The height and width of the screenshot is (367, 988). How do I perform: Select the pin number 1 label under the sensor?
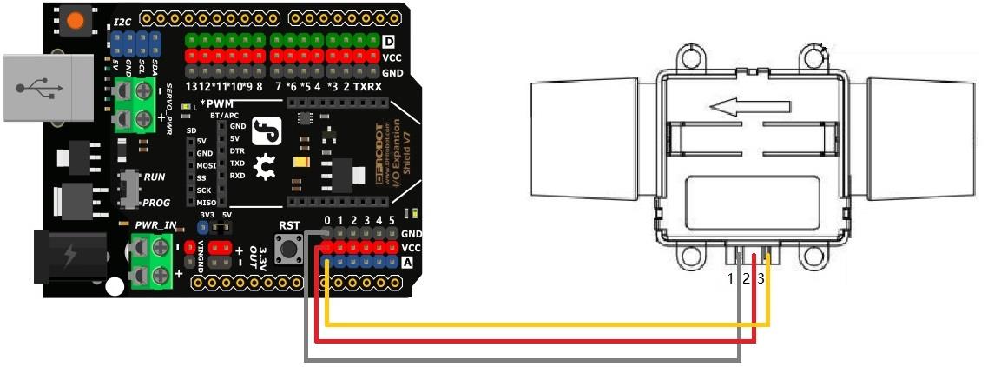click(x=731, y=279)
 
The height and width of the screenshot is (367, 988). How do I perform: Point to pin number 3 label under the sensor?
click(x=761, y=279)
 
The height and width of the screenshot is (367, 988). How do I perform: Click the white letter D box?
click(x=389, y=41)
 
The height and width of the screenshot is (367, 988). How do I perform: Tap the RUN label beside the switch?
click(x=155, y=177)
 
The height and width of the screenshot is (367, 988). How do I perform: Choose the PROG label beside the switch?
click(x=156, y=202)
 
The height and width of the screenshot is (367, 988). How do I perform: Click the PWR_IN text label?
click(x=156, y=225)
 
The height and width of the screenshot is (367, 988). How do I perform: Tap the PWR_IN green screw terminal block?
click(x=148, y=263)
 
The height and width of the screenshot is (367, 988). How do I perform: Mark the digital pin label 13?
click(x=195, y=88)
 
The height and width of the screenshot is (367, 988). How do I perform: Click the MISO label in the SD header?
click(x=207, y=203)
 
